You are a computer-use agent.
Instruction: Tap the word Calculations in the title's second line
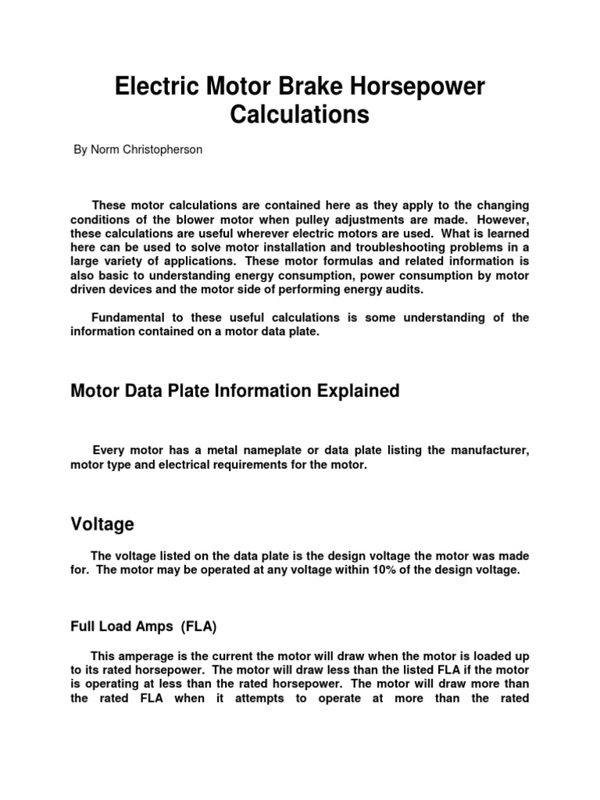point(299,115)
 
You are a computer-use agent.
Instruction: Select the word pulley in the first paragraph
point(336,219)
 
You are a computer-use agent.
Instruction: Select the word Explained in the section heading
point(362,391)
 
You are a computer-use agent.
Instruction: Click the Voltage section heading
point(102,524)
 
